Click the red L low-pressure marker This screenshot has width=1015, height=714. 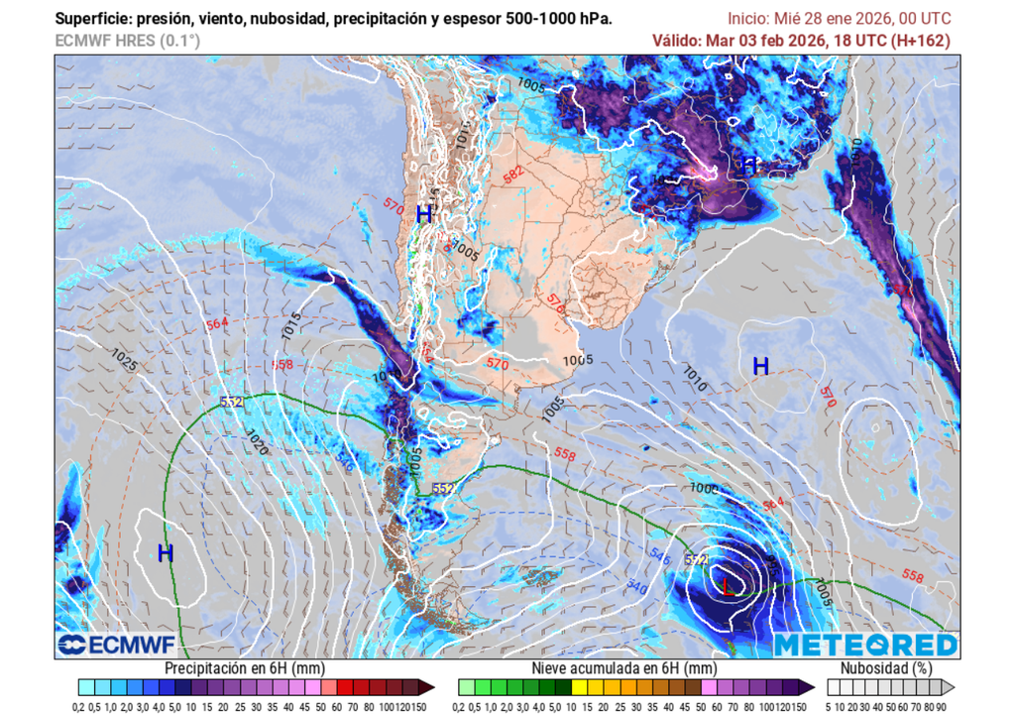729,587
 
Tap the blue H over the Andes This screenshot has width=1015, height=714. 424,214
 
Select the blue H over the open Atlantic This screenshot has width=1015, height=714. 760,366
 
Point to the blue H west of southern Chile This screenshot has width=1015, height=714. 166,553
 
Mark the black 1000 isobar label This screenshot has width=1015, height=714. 705,488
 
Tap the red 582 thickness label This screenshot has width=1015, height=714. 512,174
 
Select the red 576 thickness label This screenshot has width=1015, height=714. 555,303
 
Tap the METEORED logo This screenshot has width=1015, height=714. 865,646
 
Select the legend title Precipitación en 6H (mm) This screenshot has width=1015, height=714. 244,668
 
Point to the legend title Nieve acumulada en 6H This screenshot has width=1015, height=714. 622,668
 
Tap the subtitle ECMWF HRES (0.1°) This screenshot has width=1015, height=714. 127,41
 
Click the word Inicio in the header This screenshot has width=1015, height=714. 749,19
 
